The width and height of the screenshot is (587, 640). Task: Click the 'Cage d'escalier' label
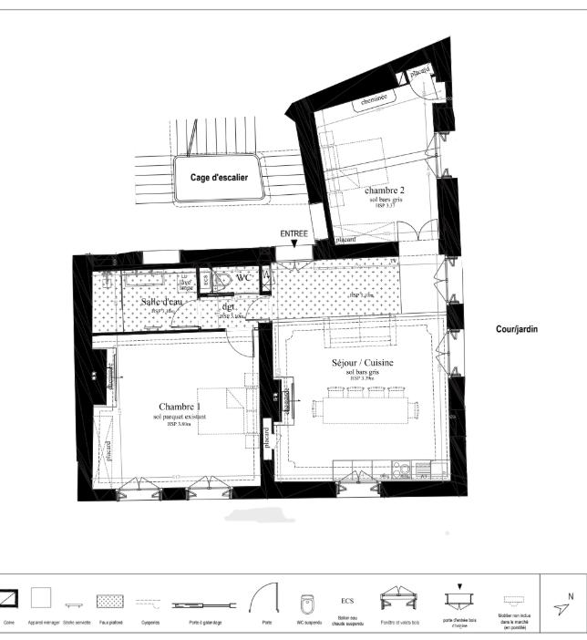219,178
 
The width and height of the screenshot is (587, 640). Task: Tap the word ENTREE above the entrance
293,234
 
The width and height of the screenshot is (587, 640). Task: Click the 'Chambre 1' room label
180,407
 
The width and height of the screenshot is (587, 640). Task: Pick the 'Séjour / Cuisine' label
363,362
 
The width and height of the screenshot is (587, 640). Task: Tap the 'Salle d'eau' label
162,302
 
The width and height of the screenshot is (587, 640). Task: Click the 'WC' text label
242,278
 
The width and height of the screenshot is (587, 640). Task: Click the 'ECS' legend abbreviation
347,601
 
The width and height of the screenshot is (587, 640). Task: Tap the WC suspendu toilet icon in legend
307,604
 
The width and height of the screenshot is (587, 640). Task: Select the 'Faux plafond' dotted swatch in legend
110,603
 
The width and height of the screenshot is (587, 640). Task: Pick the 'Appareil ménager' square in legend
40,598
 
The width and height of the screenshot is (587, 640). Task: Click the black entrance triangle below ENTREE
293,245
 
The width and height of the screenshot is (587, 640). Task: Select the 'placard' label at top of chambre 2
419,72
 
